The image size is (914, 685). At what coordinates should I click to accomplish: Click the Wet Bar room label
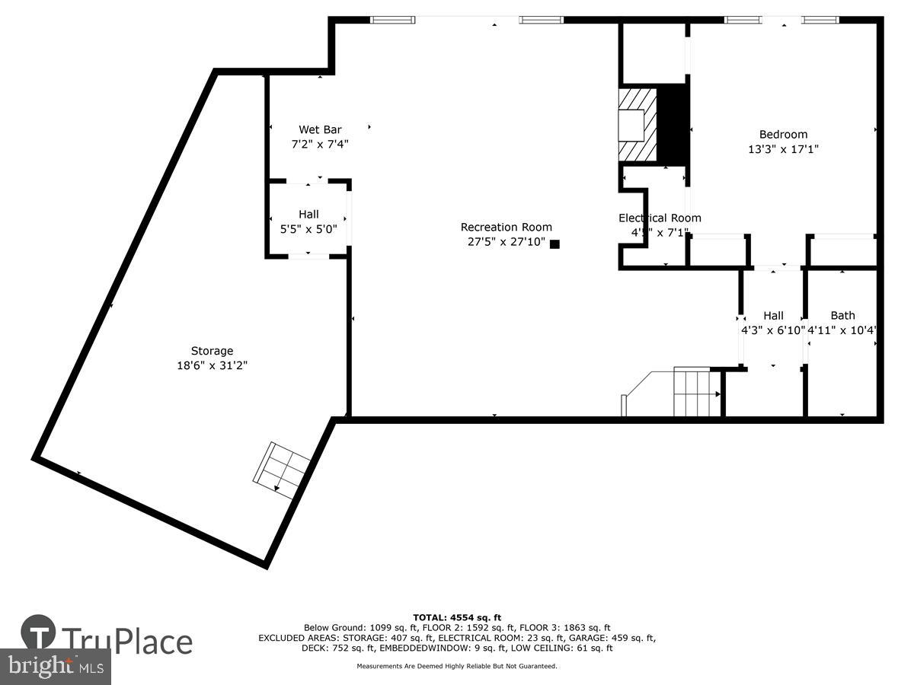320,129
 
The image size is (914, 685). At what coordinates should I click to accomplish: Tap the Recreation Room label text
507,227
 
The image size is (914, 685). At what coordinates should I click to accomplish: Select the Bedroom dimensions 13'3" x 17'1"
783,150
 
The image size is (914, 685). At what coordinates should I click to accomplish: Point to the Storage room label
212,351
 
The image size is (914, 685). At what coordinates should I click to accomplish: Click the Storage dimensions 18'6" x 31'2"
212,365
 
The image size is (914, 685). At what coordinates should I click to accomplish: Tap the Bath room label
842,315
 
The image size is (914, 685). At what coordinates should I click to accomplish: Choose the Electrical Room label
660,218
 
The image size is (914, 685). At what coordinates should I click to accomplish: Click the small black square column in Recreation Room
554,244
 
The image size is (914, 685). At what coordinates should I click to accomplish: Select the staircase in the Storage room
280,470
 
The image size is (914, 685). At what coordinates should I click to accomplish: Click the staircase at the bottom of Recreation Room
695,393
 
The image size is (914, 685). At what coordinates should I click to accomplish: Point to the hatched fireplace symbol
637,125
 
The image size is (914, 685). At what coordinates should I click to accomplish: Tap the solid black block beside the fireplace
672,125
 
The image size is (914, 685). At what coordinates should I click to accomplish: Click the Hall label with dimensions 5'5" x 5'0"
308,214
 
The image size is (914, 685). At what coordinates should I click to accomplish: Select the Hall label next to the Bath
773,315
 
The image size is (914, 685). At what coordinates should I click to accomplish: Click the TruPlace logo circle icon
39,632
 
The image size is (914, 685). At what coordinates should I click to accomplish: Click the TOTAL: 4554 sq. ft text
457,617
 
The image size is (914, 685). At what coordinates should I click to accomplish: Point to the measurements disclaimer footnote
457,666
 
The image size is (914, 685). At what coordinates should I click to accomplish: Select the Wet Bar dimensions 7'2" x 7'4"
320,143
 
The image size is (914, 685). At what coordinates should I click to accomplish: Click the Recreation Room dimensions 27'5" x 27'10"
507,242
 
